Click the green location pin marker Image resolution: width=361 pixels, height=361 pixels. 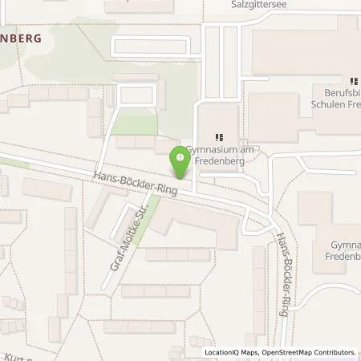[180, 164]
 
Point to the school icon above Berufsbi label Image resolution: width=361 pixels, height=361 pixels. [353, 81]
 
